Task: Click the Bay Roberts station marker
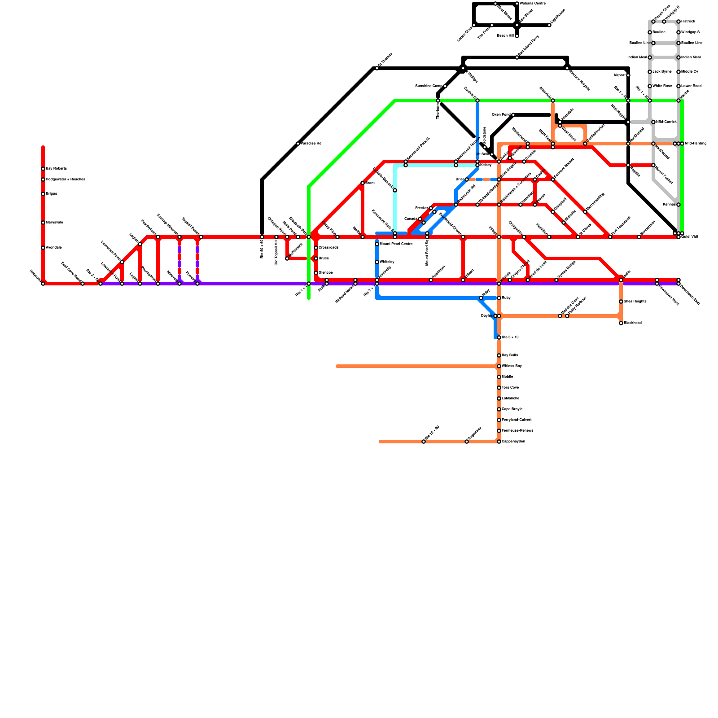(x=43, y=169)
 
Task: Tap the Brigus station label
(x=52, y=194)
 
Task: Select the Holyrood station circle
(x=43, y=284)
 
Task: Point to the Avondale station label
(x=54, y=248)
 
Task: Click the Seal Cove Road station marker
(x=83, y=284)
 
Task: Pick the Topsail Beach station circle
(x=201, y=237)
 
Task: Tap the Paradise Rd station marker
(x=298, y=144)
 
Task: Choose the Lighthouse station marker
(x=549, y=25)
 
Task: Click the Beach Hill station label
(x=505, y=36)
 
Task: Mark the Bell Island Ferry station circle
(x=517, y=57)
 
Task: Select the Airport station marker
(x=628, y=75)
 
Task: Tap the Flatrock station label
(x=688, y=22)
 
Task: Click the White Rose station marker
(x=650, y=86)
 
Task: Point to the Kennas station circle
(x=679, y=205)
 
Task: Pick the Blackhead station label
(x=633, y=323)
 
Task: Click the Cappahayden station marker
(x=499, y=442)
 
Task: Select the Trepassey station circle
(x=467, y=442)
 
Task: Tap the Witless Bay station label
(x=512, y=366)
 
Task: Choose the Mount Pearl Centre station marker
(x=377, y=244)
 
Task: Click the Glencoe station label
(x=326, y=273)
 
